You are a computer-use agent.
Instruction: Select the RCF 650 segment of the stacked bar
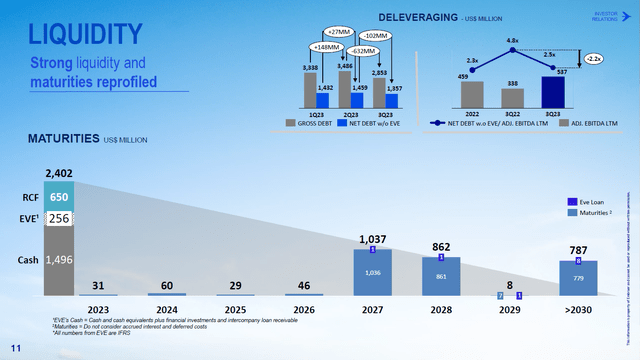(x=59, y=198)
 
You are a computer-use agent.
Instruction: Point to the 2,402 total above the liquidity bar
(x=59, y=174)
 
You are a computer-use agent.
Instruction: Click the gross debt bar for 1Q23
(x=311, y=89)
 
